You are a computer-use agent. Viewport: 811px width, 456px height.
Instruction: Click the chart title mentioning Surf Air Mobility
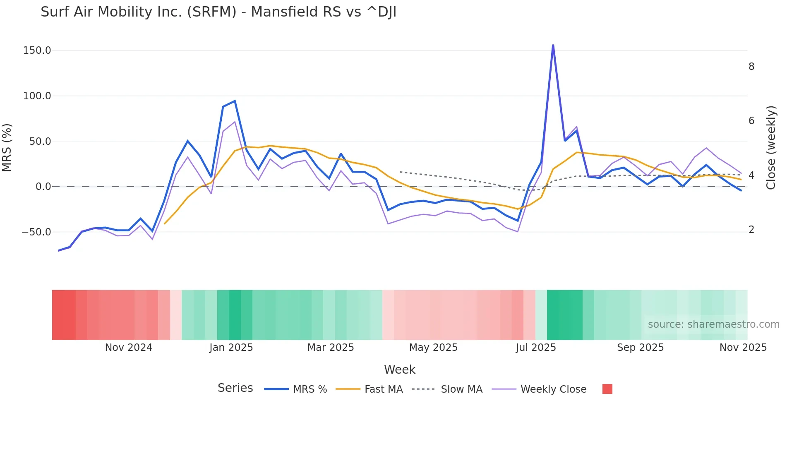point(218,12)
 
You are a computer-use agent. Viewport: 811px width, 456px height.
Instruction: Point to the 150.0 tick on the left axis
point(37,50)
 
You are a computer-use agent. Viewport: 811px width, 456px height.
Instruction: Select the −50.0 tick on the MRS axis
point(36,232)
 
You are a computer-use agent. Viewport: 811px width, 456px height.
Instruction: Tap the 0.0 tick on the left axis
point(43,187)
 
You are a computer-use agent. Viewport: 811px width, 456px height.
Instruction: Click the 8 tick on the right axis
point(751,67)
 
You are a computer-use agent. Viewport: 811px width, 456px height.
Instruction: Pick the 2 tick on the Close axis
point(751,230)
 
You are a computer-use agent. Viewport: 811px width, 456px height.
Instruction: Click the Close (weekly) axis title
point(770,148)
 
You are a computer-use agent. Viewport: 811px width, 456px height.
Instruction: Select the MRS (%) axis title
point(7,148)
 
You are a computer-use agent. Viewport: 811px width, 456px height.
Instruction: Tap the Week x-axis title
point(399,370)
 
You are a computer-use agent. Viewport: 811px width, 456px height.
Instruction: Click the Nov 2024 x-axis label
point(129,348)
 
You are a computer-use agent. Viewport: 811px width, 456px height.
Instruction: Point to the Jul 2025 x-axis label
point(536,348)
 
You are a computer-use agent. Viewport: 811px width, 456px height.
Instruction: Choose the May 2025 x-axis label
point(433,348)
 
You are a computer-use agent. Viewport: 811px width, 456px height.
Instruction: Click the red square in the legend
point(607,389)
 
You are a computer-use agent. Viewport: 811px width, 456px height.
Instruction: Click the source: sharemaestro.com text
point(713,324)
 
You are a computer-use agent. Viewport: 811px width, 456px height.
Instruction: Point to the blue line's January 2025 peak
point(235,101)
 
